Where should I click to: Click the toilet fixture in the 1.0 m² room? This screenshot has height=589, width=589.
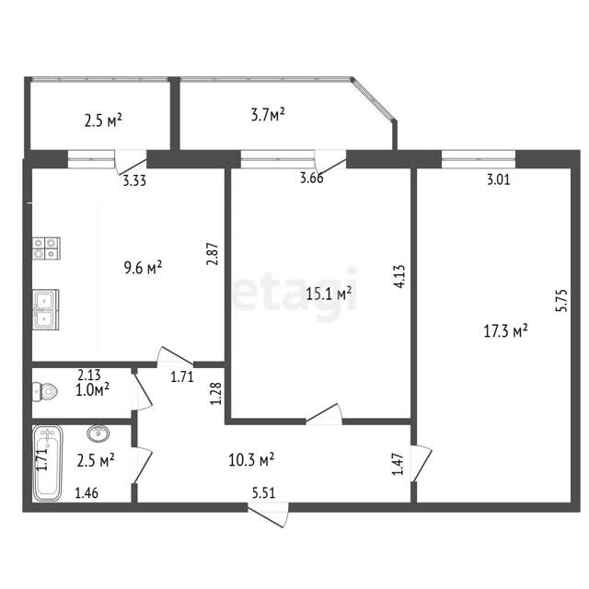45,391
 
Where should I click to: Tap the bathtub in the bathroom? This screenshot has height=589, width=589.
47,463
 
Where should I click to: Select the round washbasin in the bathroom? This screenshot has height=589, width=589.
98,433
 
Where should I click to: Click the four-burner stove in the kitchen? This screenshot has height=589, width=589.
46,248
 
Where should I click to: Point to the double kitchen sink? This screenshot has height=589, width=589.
45,309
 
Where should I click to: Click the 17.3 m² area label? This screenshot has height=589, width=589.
505,331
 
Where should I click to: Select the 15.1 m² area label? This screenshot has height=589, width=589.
329,294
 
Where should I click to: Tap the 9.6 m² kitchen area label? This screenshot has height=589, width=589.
144,268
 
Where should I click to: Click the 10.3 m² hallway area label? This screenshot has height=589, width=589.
251,459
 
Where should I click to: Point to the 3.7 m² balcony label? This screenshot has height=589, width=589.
268,114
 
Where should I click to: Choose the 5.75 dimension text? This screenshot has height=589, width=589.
561,300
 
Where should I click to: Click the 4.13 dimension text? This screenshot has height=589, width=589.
399,276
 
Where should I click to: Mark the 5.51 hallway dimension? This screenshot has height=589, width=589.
264,492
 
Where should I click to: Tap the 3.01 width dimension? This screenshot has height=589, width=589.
499,179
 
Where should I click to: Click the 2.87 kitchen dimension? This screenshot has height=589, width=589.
213,254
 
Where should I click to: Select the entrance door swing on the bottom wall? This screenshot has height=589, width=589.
269,515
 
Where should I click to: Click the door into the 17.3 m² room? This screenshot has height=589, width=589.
422,463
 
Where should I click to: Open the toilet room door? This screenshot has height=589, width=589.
142,391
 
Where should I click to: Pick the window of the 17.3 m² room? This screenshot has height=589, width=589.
479,159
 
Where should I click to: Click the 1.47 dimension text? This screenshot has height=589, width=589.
398,464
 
